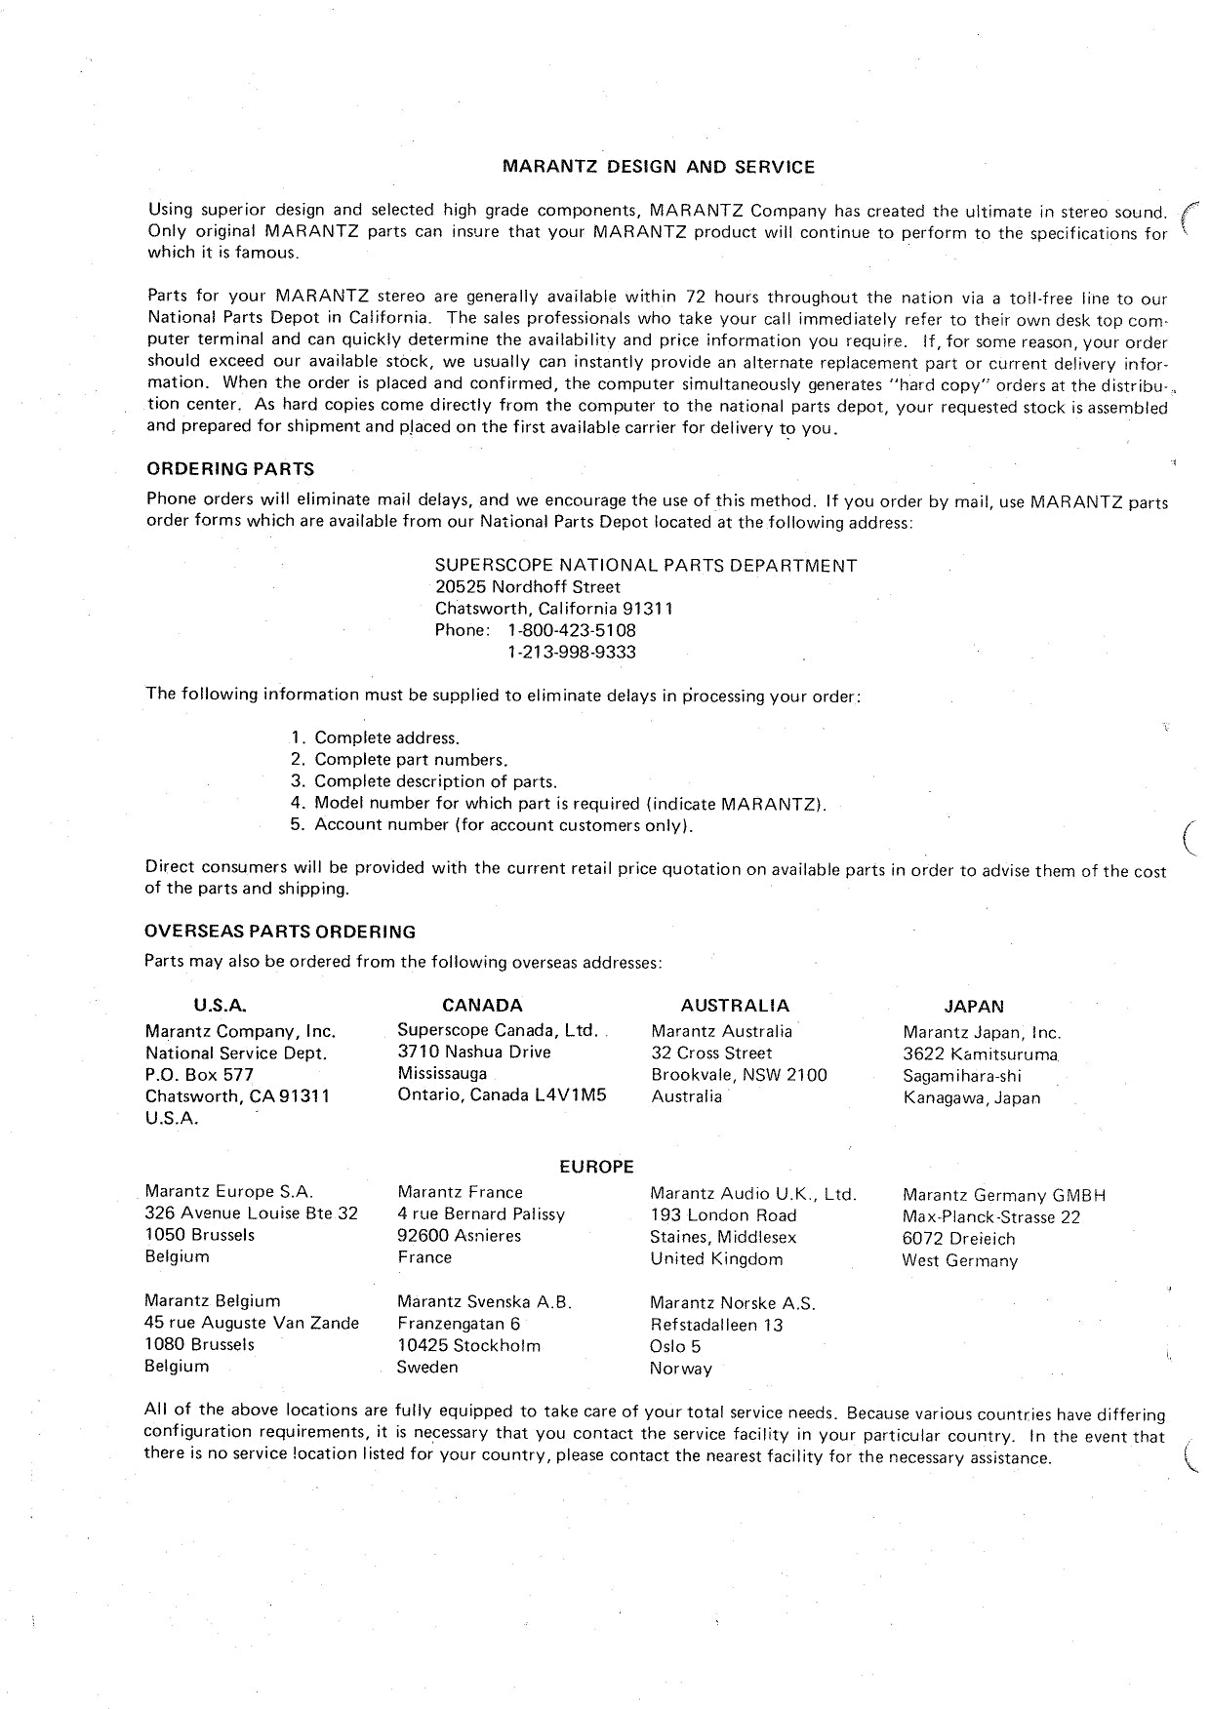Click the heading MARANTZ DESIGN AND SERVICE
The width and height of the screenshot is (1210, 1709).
[658, 167]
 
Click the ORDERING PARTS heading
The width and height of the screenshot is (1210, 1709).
[229, 469]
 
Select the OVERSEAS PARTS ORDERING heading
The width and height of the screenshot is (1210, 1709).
[280, 932]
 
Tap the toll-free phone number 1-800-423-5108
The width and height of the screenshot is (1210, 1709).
[572, 630]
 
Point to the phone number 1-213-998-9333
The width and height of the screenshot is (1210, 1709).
[572, 652]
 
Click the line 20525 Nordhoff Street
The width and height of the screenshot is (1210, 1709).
[528, 587]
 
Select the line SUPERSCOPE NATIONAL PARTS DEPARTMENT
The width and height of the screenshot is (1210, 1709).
[646, 566]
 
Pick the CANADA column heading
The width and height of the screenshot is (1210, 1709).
[482, 1006]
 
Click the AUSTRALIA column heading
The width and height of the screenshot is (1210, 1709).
[735, 1006]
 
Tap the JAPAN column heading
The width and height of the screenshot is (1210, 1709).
[974, 1007]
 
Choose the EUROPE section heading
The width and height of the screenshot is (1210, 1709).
[596, 1167]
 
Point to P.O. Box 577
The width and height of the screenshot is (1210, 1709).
[199, 1075]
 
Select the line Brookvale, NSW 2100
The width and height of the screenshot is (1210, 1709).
[739, 1075]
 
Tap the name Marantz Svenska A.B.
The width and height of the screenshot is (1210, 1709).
[484, 1302]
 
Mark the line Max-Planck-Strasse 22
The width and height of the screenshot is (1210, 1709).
[991, 1217]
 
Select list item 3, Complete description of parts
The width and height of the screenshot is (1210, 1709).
[435, 781]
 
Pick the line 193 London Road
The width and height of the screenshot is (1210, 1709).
[723, 1215]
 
